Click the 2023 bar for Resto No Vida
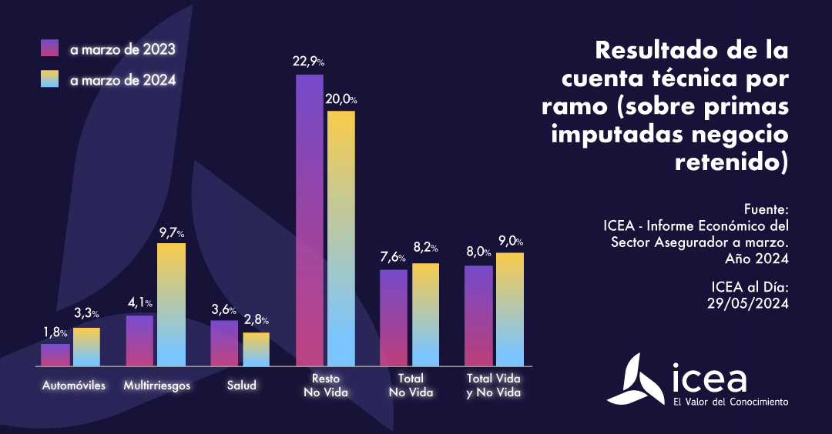[310, 220]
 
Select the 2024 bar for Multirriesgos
[171, 304]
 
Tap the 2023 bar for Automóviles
[55, 355]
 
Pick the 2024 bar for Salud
[256, 349]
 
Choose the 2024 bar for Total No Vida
[425, 314]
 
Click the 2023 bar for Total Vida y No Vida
[478, 315]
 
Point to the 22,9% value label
[309, 62]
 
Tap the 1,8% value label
[55, 332]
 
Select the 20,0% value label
[341, 99]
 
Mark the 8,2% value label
[425, 249]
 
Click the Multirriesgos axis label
[157, 385]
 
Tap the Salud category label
[242, 385]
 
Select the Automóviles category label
[74, 385]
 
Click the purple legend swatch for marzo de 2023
[50, 48]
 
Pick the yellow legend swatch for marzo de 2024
[50, 79]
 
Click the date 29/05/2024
[748, 303]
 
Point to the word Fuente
[767, 209]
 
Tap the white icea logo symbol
[637, 379]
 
